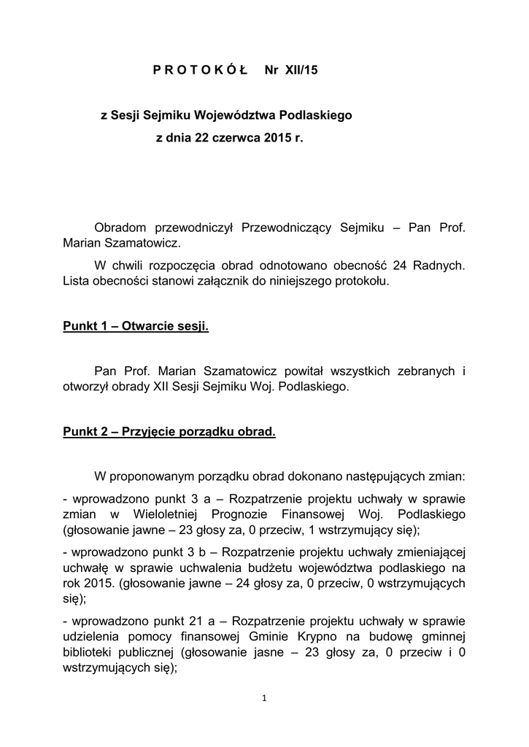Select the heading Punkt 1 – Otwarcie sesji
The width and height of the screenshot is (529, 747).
(x=136, y=326)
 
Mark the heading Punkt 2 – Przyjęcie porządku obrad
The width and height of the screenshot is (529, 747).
(x=169, y=432)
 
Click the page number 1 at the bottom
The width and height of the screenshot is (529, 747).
(x=264, y=699)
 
